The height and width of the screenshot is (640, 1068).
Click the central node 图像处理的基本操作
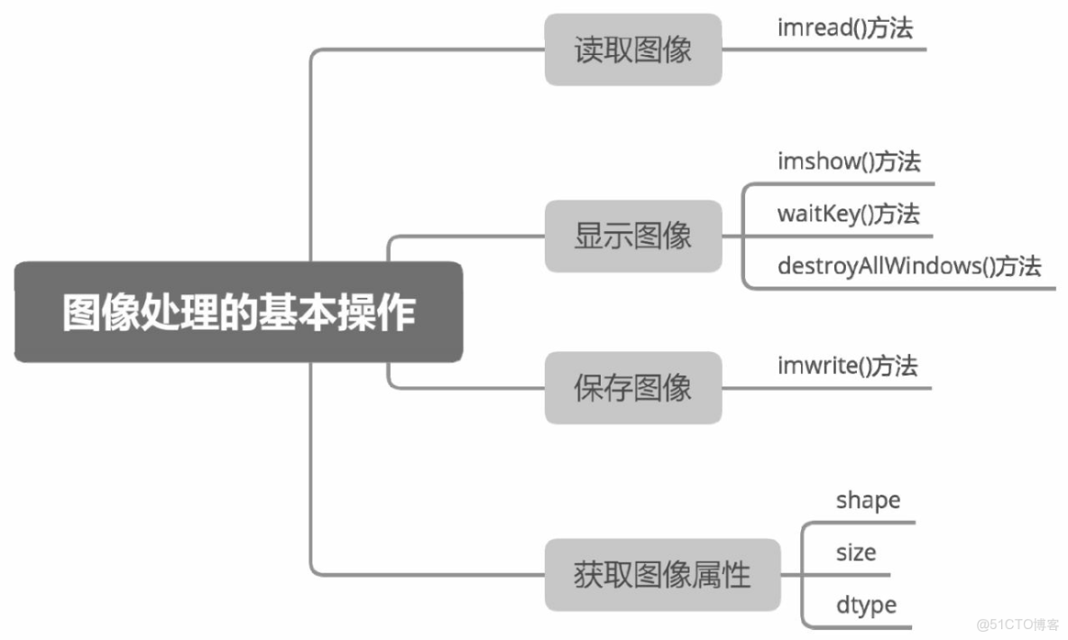pyautogui.click(x=238, y=312)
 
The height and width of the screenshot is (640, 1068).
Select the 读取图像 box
pyautogui.click(x=633, y=50)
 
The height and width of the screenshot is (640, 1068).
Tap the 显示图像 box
pyautogui.click(x=633, y=237)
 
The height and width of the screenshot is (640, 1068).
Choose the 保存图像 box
pyautogui.click(x=633, y=388)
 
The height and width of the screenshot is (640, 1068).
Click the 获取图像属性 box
pyautogui.click(x=662, y=575)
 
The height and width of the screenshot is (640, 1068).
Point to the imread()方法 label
pyautogui.click(x=845, y=28)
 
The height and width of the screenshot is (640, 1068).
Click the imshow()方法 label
pyautogui.click(x=849, y=162)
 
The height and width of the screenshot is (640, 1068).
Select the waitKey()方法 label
pyautogui.click(x=848, y=215)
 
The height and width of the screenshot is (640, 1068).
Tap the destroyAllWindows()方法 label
pyautogui.click(x=908, y=266)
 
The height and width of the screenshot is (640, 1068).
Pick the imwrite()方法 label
pyautogui.click(x=847, y=366)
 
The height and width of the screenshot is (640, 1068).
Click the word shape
pyautogui.click(x=868, y=499)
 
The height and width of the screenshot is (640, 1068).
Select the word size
pyautogui.click(x=855, y=552)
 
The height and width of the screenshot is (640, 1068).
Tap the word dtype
pyautogui.click(x=866, y=605)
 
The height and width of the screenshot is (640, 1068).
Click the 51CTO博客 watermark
pyautogui.click(x=1018, y=625)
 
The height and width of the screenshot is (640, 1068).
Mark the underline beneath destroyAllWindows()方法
pyautogui.click(x=902, y=289)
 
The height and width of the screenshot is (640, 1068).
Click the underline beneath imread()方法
pyautogui.click(x=825, y=49)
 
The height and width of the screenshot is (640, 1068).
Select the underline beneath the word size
pyautogui.click(x=848, y=575)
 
